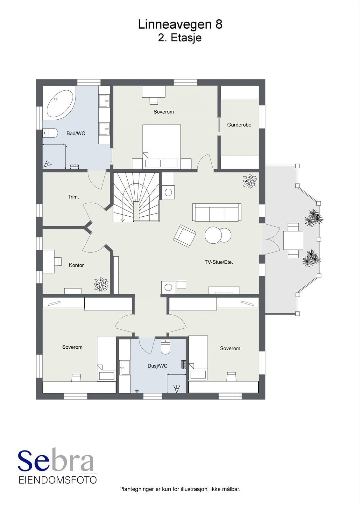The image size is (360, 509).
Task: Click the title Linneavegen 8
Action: pyautogui.click(x=180, y=24)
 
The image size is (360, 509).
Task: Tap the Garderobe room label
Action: pyautogui.click(x=239, y=125)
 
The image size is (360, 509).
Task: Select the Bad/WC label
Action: pyautogui.click(x=76, y=134)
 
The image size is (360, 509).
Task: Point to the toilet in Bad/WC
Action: pyautogui.click(x=50, y=133)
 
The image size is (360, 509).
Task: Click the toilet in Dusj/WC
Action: pyautogui.click(x=165, y=347)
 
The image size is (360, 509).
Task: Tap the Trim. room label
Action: pyautogui.click(x=73, y=197)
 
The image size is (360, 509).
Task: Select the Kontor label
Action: pyautogui.click(x=76, y=265)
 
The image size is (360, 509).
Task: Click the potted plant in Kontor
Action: pyautogui.click(x=101, y=284)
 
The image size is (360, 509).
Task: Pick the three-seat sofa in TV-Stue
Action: pyautogui.click(x=216, y=213)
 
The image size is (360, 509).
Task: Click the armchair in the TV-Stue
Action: pyautogui.click(x=184, y=236)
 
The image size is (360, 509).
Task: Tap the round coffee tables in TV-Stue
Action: pyautogui.click(x=218, y=235)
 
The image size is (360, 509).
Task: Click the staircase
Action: pyautogui.click(x=136, y=197)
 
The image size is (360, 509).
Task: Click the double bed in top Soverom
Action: pyautogui.click(x=162, y=143)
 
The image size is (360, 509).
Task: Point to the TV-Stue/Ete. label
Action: pyautogui.click(x=219, y=262)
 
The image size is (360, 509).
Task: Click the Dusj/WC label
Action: pyautogui.click(x=157, y=366)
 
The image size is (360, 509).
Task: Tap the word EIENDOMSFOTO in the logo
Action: pyautogui.click(x=58, y=480)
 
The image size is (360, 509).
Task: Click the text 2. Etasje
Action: pyautogui.click(x=180, y=38)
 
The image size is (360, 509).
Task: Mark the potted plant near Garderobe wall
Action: pyautogui.click(x=250, y=181)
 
